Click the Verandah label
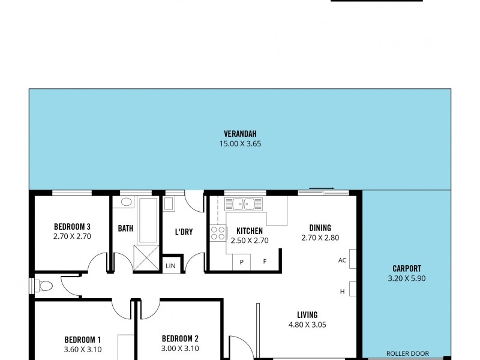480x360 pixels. [240, 134]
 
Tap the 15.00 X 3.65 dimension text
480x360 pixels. [240, 143]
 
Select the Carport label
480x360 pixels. [407, 268]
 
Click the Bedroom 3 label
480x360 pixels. [72, 226]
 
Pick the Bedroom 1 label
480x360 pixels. [83, 338]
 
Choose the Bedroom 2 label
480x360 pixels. [180, 338]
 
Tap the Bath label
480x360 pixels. [125, 229]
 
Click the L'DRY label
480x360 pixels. [184, 232]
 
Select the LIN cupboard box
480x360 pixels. [170, 265]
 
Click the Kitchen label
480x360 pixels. [249, 231]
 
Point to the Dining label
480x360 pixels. [320, 227]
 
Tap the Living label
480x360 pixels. [307, 314]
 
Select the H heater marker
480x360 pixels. [343, 292]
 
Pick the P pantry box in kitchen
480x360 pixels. [241, 262]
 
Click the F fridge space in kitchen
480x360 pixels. [264, 262]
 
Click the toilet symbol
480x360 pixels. [44, 286]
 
